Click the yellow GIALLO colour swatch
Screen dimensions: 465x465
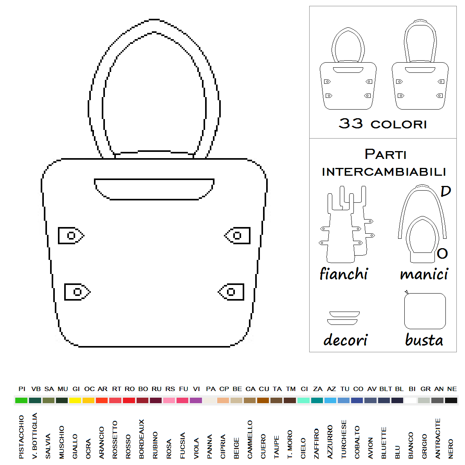[75, 400]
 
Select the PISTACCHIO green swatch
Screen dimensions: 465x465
[21, 400]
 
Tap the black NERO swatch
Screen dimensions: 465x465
[451, 400]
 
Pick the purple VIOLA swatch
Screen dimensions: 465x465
[196, 400]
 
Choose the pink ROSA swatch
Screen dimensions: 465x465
[169, 400]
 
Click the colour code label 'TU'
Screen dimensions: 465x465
[345, 389]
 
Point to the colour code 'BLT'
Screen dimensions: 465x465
[386, 389]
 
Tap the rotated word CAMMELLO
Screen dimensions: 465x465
[250, 440]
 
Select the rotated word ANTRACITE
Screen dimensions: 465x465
[438, 439]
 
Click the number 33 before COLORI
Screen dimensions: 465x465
[351, 123]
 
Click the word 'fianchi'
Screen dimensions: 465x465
[344, 274]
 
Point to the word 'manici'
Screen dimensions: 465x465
[424, 274]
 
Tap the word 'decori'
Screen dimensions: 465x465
[345, 340]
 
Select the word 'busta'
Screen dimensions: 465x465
[424, 340]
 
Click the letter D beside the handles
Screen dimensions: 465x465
[445, 191]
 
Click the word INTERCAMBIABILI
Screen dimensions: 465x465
[384, 172]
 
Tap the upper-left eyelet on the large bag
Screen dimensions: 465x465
[71, 236]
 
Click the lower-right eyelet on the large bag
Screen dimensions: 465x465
[231, 292]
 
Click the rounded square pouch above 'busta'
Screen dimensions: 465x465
[425, 311]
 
